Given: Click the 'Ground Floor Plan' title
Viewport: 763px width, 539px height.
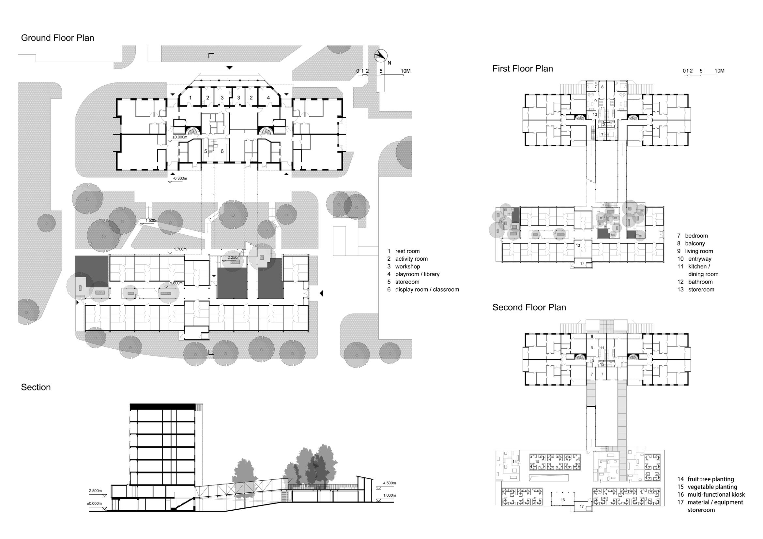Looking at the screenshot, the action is [57, 38].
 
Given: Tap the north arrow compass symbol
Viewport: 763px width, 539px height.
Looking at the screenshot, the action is [381, 55].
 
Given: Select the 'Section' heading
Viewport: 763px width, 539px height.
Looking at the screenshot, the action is [36, 387].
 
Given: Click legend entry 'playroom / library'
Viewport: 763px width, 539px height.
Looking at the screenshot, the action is [417, 274].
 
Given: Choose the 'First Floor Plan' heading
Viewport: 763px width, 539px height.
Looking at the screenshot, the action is [523, 69].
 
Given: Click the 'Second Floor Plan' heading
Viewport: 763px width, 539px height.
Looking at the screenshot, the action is [529, 307].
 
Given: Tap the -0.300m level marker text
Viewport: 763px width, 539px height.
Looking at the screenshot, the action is [180, 178].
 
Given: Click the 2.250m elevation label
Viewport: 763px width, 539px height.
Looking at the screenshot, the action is [234, 257].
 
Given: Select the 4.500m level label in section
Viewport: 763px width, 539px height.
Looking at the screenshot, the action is [389, 483].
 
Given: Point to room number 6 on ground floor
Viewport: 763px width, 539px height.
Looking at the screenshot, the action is [222, 151].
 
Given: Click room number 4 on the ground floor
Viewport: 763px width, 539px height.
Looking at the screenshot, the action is [268, 97].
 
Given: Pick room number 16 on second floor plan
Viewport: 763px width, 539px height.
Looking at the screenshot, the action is [563, 500].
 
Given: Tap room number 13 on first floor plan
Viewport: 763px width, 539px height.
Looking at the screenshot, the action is [578, 245].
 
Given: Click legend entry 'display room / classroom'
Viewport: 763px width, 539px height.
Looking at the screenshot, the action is [427, 289].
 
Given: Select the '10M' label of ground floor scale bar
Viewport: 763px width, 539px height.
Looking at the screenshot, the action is [405, 71].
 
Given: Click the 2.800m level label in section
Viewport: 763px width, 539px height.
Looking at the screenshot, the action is [95, 490].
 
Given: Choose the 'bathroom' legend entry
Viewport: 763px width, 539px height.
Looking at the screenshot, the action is [700, 282].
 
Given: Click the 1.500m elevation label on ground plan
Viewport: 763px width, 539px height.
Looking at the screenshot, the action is [152, 220].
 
